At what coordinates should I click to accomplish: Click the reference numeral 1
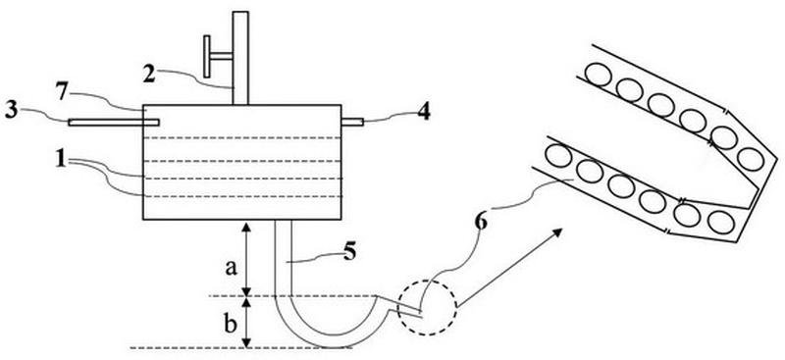tap(61, 161)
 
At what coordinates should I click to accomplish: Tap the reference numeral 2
tap(149, 76)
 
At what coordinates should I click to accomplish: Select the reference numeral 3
tap(12, 111)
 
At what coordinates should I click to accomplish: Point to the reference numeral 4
tap(424, 112)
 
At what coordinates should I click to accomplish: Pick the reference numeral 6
tap(481, 223)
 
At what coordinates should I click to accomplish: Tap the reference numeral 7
tap(61, 92)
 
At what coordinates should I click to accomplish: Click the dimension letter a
tap(231, 269)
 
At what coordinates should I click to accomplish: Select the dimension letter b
tap(230, 325)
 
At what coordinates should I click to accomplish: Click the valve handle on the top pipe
tap(206, 57)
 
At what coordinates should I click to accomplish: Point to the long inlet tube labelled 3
tap(114, 123)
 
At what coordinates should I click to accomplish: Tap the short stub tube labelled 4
tap(352, 122)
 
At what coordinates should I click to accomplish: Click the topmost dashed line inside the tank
tap(241, 137)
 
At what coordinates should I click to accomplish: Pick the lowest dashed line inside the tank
tap(241, 196)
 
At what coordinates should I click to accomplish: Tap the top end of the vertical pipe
tap(240, 12)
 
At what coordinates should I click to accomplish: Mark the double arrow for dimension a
tap(246, 259)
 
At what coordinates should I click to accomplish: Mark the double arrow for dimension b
tap(246, 322)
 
